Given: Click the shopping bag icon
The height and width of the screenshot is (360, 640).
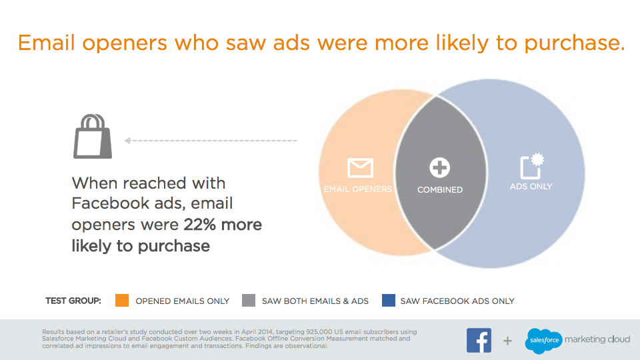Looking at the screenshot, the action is tap(93, 136).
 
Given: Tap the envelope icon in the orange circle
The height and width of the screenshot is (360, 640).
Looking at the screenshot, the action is tap(360, 167).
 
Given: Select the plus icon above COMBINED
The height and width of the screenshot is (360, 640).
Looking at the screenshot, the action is tap(439, 167).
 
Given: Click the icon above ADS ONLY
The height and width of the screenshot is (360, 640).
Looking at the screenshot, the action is tap(532, 166).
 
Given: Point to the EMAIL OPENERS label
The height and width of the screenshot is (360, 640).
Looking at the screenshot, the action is tap(357, 189).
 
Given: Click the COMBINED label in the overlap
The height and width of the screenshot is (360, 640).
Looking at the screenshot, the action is tap(440, 190).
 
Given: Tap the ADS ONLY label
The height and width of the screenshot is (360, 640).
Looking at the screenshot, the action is tap(531, 187).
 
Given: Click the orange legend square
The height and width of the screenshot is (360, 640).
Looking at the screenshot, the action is tap(122, 301).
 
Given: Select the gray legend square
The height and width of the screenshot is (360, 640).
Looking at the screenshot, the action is tap(249, 301).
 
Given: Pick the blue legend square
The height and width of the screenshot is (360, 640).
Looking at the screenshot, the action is tap(389, 301).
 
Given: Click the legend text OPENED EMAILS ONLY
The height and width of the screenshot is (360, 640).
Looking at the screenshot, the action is tap(183, 301).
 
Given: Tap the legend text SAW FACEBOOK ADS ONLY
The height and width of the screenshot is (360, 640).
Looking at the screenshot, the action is tap(457, 301).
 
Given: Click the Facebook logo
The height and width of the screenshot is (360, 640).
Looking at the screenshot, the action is tap(479, 340).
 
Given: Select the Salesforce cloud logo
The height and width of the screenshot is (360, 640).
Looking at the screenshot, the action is tap(544, 341).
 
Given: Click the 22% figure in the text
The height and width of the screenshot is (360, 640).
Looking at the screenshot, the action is tap(199, 225).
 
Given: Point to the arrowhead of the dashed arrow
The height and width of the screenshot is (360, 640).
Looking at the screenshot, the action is tap(127, 141).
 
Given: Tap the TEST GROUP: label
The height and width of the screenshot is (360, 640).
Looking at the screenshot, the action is tap(73, 301).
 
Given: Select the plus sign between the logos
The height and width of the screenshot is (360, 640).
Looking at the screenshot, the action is tap(507, 341).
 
